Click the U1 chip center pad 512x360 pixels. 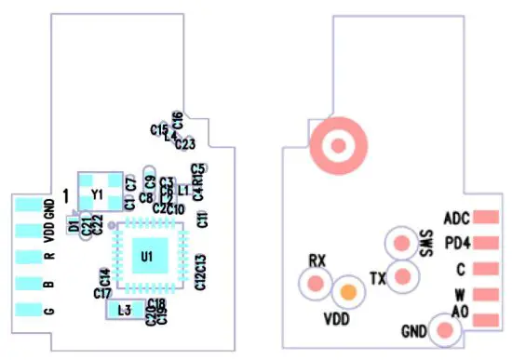[146, 254]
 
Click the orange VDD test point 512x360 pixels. [348, 292]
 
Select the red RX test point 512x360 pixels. [318, 282]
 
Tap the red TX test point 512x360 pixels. [402, 276]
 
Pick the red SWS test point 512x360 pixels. [401, 243]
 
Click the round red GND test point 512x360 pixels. [440, 329]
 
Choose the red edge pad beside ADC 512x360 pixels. [487, 218]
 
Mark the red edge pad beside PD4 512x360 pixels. [487, 244]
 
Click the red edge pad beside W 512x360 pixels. [487, 295]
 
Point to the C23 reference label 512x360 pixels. [184, 144]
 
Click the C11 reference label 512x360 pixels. [201, 220]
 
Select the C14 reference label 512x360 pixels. [105, 276]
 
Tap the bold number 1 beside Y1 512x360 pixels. [65, 194]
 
